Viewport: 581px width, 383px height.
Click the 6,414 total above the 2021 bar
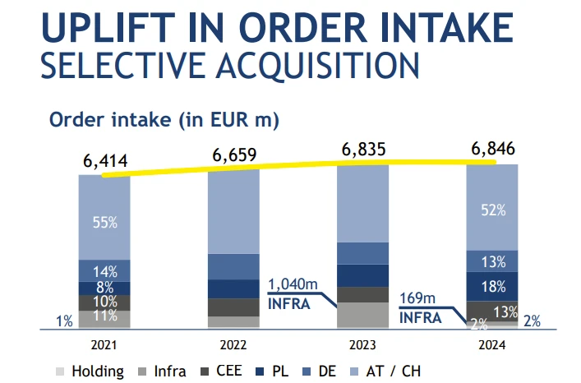105,161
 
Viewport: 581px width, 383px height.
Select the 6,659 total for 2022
235,155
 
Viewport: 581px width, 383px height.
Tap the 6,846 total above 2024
492,150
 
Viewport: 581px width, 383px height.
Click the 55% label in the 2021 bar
104,222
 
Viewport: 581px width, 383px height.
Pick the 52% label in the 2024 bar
491,211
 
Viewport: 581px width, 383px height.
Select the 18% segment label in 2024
491,286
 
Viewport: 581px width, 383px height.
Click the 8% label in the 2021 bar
104,288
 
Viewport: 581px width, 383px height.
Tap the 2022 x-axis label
234,344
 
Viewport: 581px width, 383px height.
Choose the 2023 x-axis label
362,344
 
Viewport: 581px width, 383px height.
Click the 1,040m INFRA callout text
292,293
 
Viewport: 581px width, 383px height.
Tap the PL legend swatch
261,371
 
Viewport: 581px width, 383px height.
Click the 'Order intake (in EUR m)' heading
164,120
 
